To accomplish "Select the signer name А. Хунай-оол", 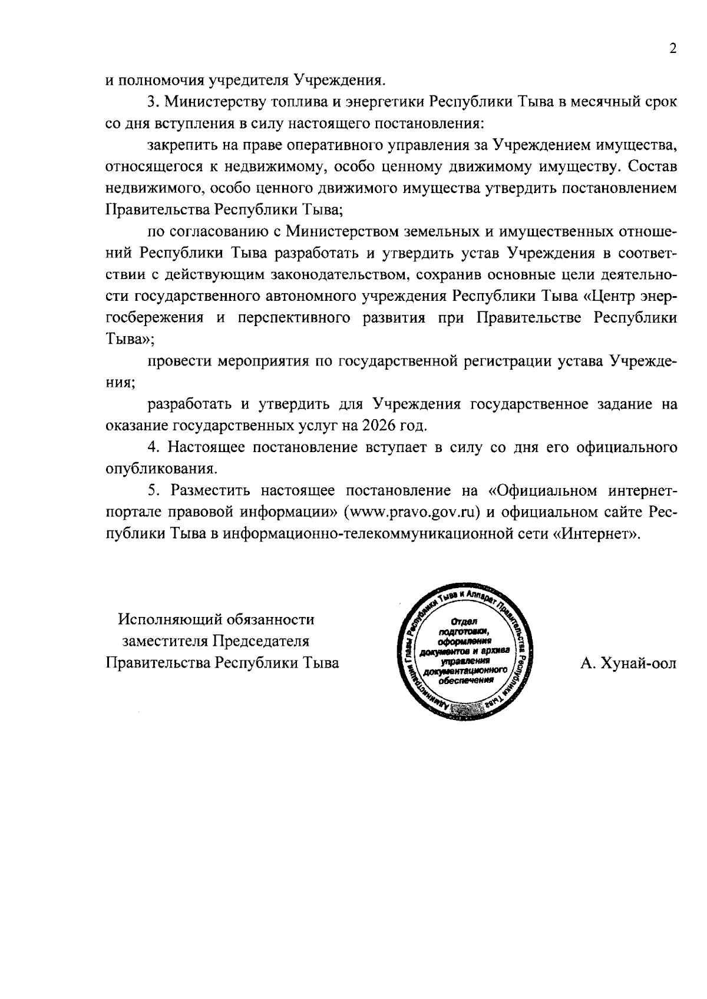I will click(628, 663).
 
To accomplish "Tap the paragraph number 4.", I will click(153, 447).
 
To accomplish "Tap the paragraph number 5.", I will click(153, 491).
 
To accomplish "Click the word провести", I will click(178, 361).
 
